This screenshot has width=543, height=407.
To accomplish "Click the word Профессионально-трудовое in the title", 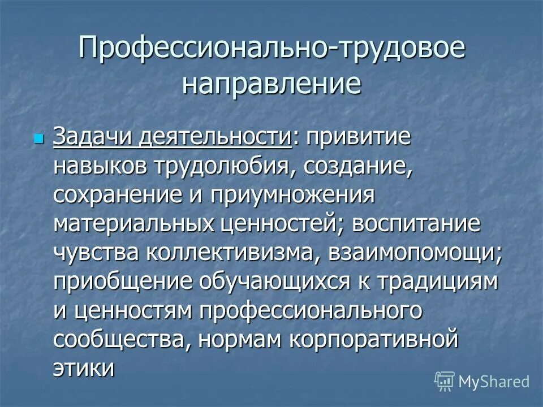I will click(x=271, y=49).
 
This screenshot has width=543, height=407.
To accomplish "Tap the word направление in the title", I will click(x=271, y=85).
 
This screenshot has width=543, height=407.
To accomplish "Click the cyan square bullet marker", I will click(x=39, y=138).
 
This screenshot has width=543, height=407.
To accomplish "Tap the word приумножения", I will click(x=292, y=196).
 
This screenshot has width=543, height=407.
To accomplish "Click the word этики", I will click(x=85, y=369).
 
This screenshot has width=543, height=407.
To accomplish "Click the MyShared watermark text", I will click(x=494, y=382).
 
